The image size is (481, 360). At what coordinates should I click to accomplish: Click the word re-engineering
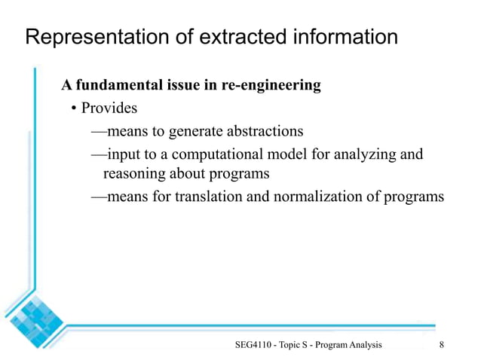[x=272, y=85]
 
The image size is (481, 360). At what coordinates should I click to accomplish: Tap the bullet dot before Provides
[x=75, y=109]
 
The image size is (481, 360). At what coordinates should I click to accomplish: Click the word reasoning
[x=133, y=174]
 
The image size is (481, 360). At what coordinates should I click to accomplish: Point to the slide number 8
[x=441, y=344]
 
